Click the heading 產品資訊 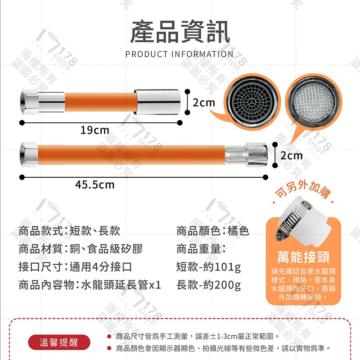(180, 31)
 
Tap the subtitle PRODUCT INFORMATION (179, 54)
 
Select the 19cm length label (95, 130)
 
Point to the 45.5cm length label (95, 184)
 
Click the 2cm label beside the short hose (204, 103)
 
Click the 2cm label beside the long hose (292, 156)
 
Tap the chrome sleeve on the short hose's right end (157, 102)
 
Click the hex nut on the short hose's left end (29, 102)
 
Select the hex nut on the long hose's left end (29, 155)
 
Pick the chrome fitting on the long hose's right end (246, 154)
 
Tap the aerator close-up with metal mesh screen (313, 102)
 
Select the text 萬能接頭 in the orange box (303, 257)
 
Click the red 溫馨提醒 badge (59, 342)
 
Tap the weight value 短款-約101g (208, 267)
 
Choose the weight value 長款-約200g (208, 285)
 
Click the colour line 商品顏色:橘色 (212, 231)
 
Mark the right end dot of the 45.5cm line (265, 177)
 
